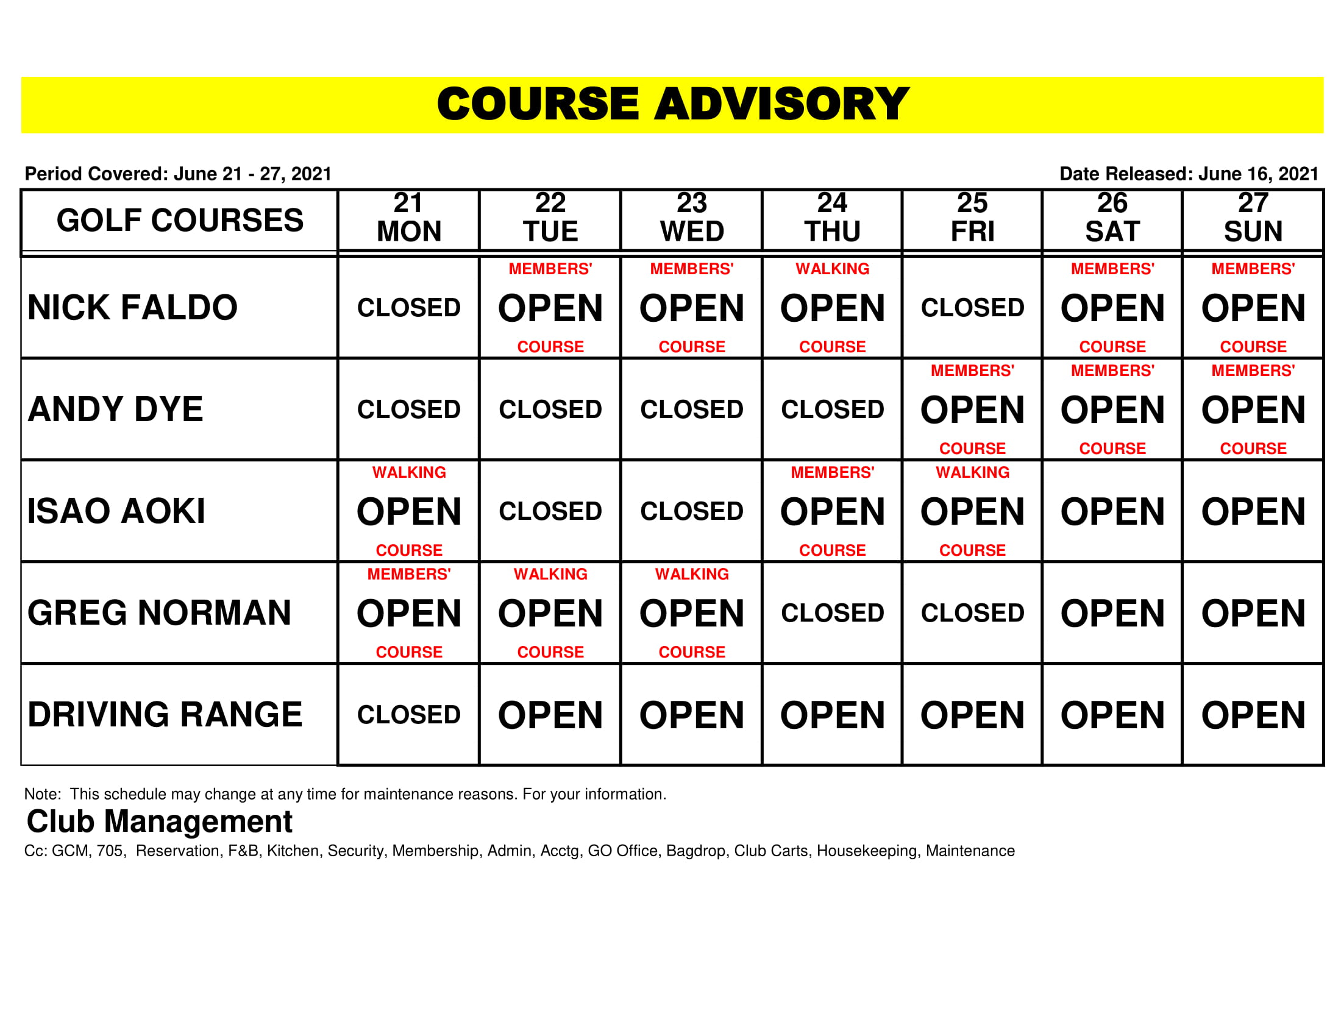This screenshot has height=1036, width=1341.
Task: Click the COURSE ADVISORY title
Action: [672, 104]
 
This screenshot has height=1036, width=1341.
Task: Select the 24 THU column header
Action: [832, 218]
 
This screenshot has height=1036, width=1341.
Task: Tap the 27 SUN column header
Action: [1253, 218]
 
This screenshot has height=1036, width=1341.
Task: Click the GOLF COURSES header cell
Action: [180, 221]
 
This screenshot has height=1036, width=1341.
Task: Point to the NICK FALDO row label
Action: [133, 308]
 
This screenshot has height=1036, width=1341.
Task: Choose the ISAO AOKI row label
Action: [116, 511]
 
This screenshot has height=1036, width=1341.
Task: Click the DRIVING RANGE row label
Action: [165, 715]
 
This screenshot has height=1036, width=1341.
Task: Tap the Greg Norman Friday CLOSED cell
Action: [973, 613]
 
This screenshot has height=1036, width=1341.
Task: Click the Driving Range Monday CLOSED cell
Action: [409, 715]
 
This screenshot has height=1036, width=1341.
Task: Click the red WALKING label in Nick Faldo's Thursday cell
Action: [832, 269]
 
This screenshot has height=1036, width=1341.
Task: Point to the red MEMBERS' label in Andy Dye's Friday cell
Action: [973, 371]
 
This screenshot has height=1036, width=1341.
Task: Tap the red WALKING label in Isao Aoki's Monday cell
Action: [409, 472]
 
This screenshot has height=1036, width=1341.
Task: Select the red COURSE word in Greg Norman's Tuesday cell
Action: [550, 652]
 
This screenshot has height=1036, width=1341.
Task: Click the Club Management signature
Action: [160, 821]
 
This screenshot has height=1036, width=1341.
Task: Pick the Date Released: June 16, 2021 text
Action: [1189, 174]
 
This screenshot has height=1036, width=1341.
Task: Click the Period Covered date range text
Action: [178, 174]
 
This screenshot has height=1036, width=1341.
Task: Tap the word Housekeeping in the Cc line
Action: [867, 851]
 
